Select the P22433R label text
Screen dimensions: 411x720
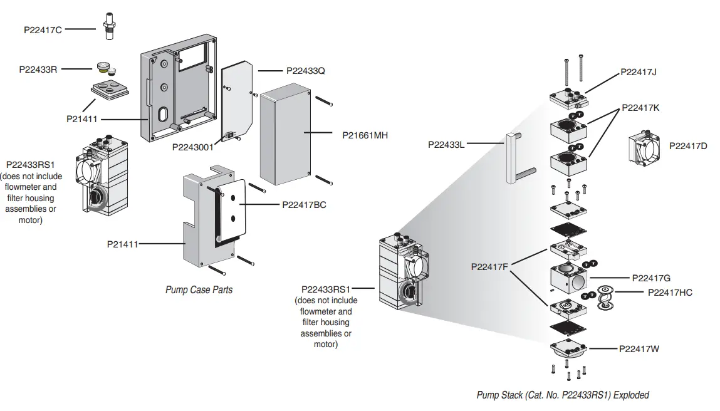pos(38,70)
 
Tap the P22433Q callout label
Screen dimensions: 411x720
pos(306,71)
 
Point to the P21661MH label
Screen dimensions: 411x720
pos(365,134)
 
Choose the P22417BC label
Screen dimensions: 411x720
pos(304,205)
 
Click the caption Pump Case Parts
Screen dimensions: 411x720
pos(199,289)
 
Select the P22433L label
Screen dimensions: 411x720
pos(446,144)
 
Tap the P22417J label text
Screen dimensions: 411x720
pos(639,72)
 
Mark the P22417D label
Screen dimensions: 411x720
pos(688,146)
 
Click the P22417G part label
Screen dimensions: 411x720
pos(652,278)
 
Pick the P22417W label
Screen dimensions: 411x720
pos(639,349)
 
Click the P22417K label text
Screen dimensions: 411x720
pos(640,108)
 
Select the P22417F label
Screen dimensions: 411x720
pos(489,267)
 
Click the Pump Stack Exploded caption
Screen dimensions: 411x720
pos(562,395)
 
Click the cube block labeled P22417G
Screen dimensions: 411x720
pos(568,279)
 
